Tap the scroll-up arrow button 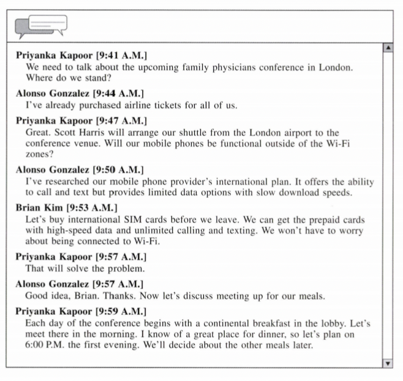[x=387, y=48]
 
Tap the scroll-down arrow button [x=387, y=363]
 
